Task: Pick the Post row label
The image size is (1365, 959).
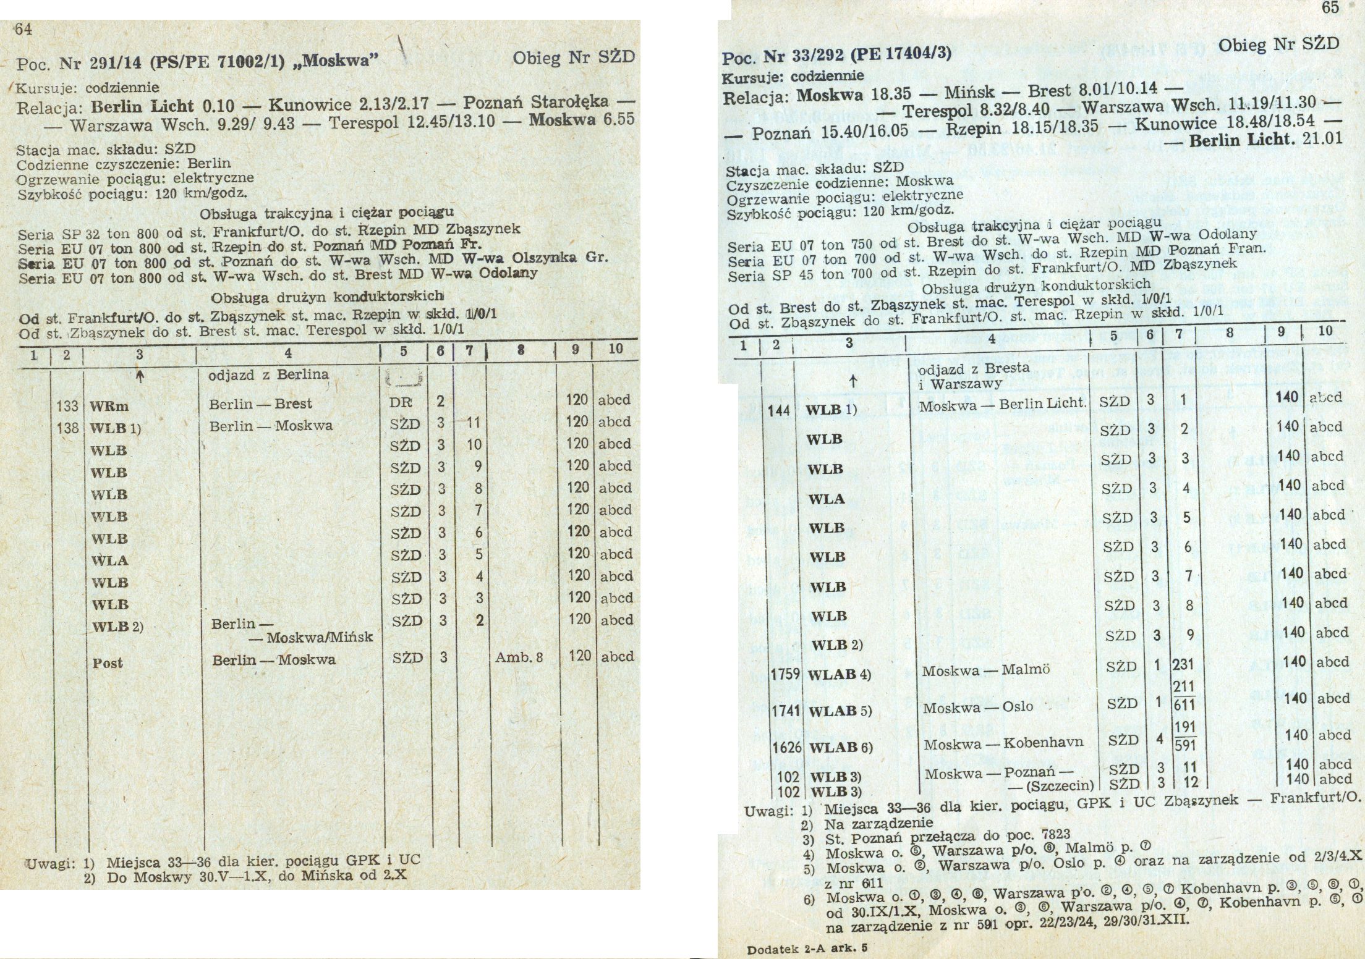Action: pos(108,663)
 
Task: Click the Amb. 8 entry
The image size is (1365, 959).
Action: pos(519,657)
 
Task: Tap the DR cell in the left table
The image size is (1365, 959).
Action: pos(401,402)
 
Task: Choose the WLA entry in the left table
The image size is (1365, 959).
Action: pos(109,560)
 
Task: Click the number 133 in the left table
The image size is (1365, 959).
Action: pos(67,406)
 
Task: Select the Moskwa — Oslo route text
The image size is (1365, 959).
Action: pos(978,708)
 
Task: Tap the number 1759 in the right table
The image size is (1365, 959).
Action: pos(785,674)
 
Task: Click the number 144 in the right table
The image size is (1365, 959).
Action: pos(778,410)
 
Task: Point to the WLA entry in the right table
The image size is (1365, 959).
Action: pos(827,499)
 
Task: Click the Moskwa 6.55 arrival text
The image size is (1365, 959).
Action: pos(581,119)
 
